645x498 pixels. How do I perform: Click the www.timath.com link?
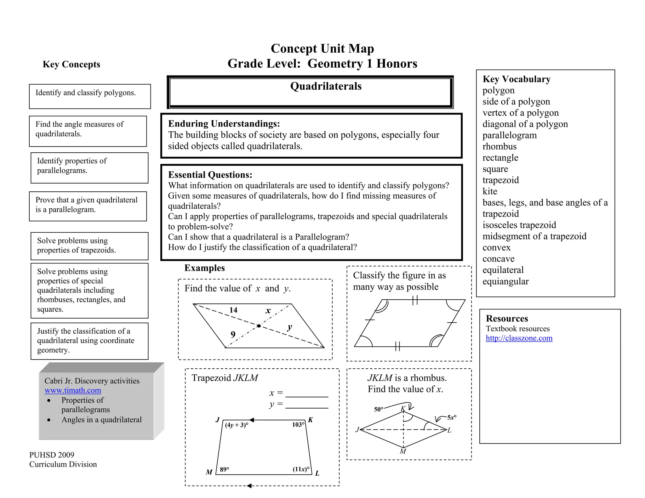click(73, 390)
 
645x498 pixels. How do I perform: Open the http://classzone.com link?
click(519, 338)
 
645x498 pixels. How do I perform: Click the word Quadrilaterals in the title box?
click(326, 86)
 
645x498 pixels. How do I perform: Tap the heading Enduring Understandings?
click(224, 124)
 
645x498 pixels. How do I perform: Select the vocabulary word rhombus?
click(499, 146)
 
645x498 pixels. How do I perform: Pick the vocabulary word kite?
click(490, 191)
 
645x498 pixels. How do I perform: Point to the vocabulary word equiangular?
click(505, 281)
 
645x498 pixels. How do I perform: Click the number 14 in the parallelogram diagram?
click(233, 310)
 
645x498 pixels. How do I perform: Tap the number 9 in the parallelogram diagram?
click(233, 334)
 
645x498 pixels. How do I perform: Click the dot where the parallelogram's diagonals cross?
click(259, 326)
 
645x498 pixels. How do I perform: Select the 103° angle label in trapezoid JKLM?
click(298, 425)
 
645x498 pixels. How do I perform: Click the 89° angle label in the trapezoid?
click(225, 469)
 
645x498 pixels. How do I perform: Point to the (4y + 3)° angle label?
click(237, 425)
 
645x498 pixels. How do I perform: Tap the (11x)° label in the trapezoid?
click(301, 469)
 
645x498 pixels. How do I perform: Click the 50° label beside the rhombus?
click(379, 409)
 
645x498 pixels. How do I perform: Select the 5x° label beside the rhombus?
click(452, 417)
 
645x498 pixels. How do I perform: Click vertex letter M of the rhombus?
click(403, 451)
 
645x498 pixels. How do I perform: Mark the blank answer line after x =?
click(306, 395)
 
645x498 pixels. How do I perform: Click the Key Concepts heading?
click(71, 64)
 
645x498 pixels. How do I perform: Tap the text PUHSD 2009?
click(52, 455)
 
